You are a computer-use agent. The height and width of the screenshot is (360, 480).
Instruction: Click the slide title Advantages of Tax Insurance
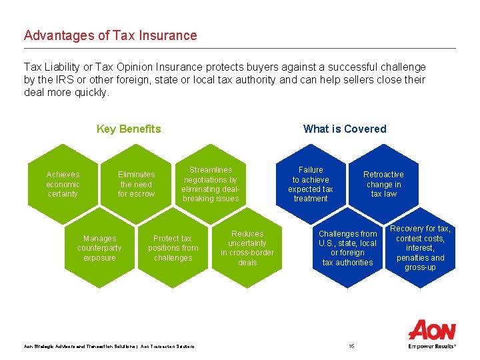tap(111, 35)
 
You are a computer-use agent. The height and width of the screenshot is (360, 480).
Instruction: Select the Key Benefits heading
tap(129, 129)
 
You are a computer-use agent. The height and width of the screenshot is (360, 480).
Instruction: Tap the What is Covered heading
tap(345, 129)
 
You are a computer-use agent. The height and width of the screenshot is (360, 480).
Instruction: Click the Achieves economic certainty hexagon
tap(63, 184)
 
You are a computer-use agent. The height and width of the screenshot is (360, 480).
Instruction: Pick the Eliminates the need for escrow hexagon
tap(136, 184)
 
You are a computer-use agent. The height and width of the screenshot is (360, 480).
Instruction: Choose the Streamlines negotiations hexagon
tap(211, 184)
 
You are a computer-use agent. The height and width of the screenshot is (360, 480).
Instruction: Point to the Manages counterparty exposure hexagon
tap(99, 248)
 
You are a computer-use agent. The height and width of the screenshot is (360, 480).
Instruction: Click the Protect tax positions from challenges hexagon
tap(173, 248)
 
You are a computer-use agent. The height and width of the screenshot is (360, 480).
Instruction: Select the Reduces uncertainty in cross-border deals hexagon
tap(247, 248)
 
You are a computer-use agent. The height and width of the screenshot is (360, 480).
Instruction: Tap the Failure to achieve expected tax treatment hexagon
tap(311, 184)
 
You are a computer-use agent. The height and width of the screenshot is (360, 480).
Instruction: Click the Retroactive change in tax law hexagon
tap(384, 184)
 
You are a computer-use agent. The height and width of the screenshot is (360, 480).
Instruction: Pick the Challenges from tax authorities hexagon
tap(347, 248)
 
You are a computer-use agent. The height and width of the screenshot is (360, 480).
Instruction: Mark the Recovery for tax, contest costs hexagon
tap(420, 248)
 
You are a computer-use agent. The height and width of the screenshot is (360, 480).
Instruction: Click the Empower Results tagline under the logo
tap(432, 347)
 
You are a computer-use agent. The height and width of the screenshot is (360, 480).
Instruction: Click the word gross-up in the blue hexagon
tap(420, 267)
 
